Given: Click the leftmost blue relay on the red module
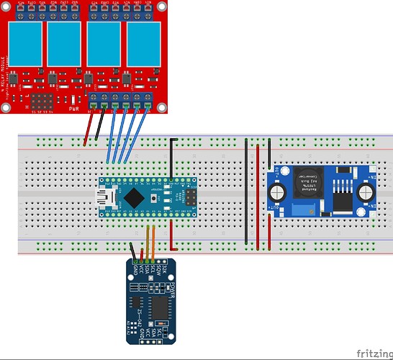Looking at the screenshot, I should (x=24, y=45).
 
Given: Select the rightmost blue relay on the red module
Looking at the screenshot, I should (x=141, y=45).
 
